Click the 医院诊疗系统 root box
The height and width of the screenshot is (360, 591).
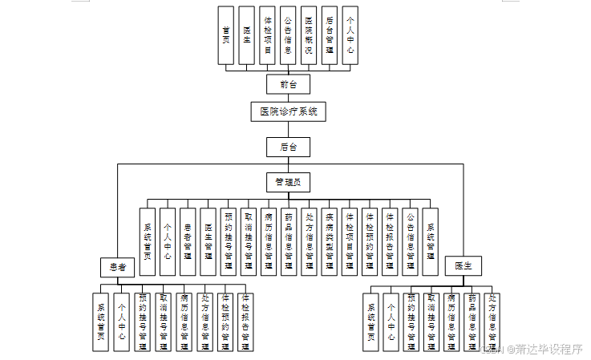(x=289, y=112)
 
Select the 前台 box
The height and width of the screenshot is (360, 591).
(x=288, y=83)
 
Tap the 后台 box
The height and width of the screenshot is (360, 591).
(x=288, y=147)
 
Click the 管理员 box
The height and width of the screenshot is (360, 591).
(x=288, y=183)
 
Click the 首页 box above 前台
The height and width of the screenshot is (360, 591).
(x=227, y=35)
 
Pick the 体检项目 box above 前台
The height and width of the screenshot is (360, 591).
(x=268, y=35)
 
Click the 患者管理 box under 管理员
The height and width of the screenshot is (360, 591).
(x=188, y=240)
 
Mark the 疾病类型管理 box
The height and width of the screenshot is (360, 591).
(x=330, y=240)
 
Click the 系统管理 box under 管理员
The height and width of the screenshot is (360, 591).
(x=431, y=240)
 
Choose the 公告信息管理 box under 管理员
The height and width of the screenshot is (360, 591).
(x=411, y=240)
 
